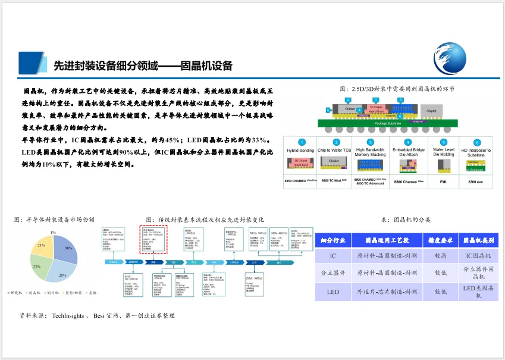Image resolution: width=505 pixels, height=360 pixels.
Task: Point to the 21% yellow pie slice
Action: point(42,246)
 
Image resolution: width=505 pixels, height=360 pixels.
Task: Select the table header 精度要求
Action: point(441,240)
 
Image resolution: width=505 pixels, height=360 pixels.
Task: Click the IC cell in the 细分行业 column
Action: point(333,256)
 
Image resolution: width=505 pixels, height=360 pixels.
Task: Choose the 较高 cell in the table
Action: point(441,256)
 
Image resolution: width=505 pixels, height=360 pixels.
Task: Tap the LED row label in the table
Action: point(333,292)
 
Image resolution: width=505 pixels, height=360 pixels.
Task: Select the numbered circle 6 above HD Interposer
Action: point(476,143)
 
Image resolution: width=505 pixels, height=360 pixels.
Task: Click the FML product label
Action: point(443,180)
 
